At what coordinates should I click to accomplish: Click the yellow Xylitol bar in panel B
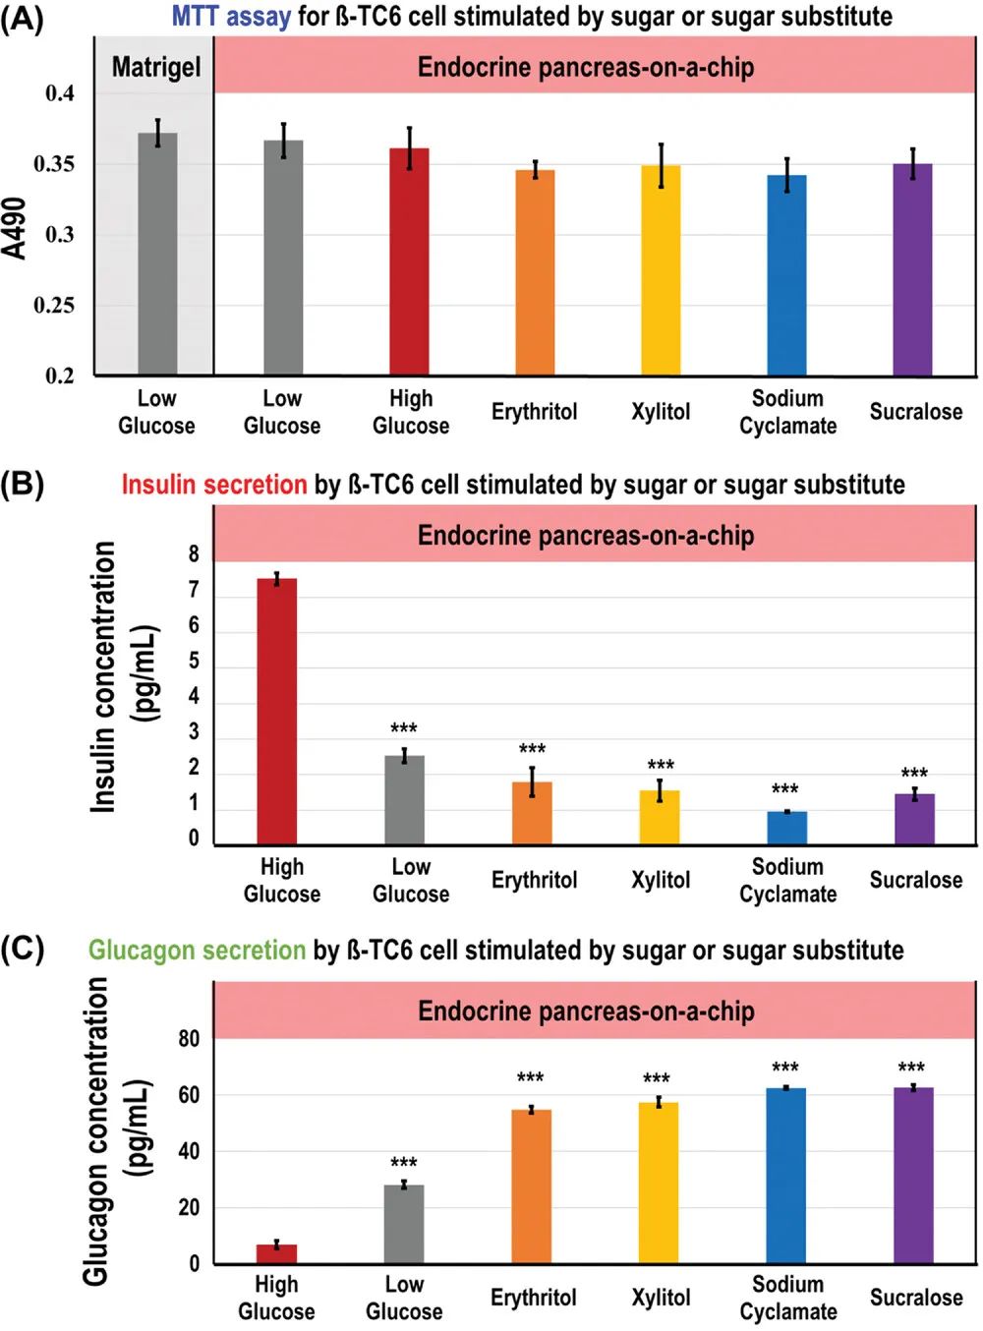coord(660,817)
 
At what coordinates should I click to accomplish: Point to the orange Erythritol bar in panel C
coord(531,1186)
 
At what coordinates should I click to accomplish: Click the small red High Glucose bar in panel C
coord(276,1253)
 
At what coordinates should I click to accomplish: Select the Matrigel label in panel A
coord(155,67)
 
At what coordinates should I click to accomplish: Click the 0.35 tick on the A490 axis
coord(54,164)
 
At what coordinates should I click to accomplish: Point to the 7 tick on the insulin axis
coord(194,590)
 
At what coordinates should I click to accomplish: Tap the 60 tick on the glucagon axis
coord(189,1095)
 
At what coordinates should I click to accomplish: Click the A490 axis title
coord(16,228)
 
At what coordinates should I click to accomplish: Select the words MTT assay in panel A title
coord(231,16)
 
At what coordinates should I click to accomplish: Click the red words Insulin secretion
coord(214,485)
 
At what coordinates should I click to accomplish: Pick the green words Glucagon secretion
coord(197,950)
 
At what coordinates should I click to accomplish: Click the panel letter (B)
coord(22,484)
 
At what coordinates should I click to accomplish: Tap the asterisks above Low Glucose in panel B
coord(404,728)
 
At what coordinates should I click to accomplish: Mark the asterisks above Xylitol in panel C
coord(657,1078)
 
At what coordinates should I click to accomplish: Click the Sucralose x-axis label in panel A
coord(915,412)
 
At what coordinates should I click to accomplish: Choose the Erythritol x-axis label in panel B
coord(534,880)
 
